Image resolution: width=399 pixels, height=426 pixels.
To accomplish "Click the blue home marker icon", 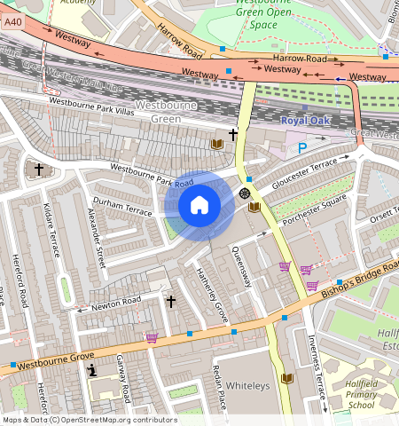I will point(199,206).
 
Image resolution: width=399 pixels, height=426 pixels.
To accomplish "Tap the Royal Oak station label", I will point(304,120).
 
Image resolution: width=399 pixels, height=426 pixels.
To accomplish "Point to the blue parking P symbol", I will point(302,148).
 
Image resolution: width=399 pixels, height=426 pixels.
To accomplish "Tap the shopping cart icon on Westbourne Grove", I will point(152,337).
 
